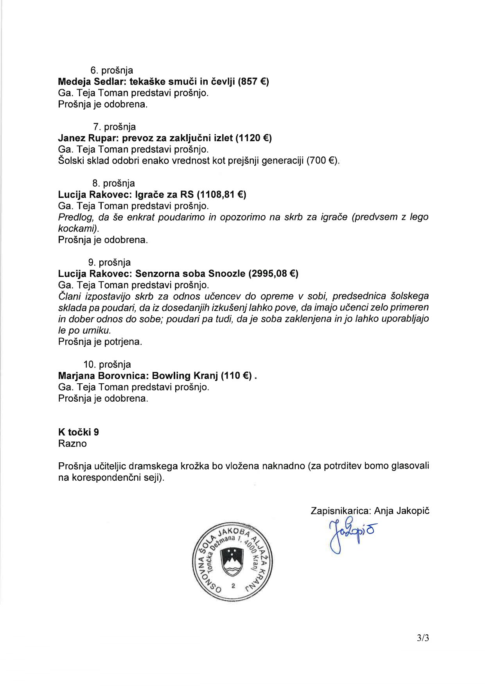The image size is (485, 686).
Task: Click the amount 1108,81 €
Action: point(221,194)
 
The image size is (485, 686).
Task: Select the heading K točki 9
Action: point(79,432)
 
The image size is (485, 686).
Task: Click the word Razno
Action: point(72,444)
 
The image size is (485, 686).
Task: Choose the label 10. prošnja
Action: point(107,365)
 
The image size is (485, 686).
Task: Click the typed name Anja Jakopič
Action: point(402,511)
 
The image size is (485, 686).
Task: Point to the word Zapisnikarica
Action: point(340,511)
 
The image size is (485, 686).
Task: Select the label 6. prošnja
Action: point(112,70)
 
